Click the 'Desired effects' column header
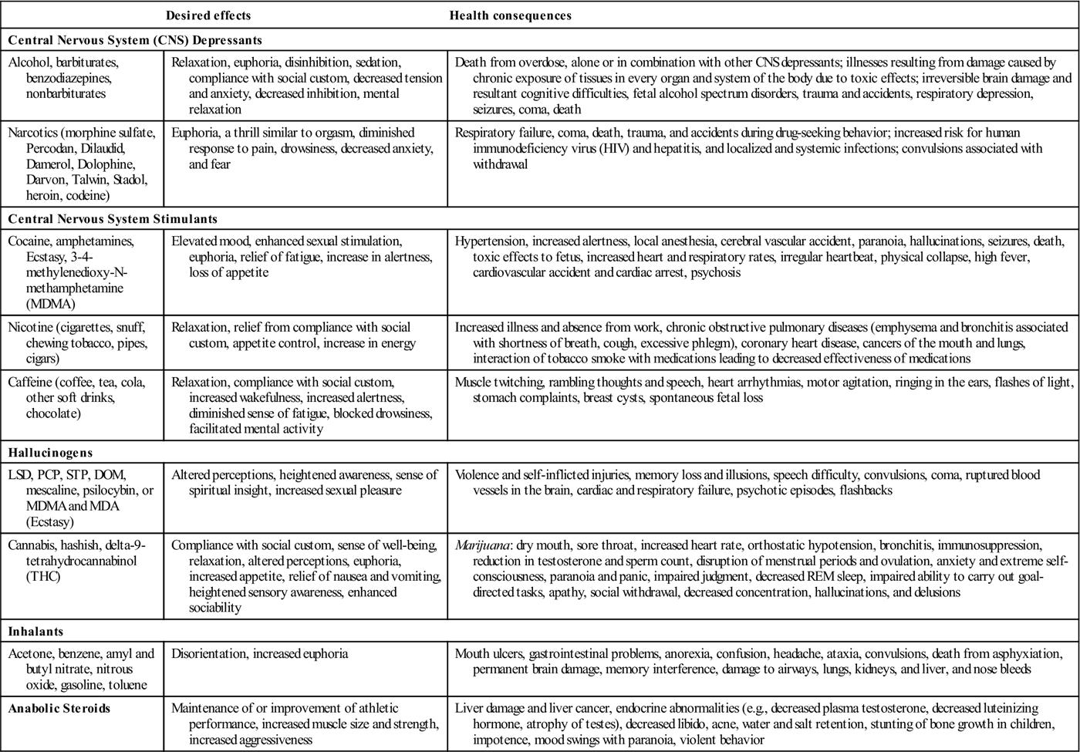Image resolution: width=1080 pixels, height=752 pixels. click(208, 15)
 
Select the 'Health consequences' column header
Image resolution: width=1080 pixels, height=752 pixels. click(510, 15)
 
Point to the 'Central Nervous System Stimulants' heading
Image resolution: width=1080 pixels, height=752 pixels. click(113, 219)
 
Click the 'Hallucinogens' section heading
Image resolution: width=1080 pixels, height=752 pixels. click(50, 453)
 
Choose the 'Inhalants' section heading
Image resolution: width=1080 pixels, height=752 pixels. click(35, 631)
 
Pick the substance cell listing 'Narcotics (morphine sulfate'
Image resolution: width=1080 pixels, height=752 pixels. click(82, 164)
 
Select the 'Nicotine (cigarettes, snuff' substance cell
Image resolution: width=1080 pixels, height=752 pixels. click(76, 342)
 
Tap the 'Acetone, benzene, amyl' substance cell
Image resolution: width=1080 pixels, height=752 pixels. click(81, 669)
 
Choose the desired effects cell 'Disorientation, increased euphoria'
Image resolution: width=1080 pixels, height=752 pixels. click(259, 654)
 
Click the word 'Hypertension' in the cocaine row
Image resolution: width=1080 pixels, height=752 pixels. click(490, 241)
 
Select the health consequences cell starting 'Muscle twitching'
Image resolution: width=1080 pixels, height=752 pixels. click(763, 389)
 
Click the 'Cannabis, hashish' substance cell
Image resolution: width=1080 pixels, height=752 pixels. click(76, 561)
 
